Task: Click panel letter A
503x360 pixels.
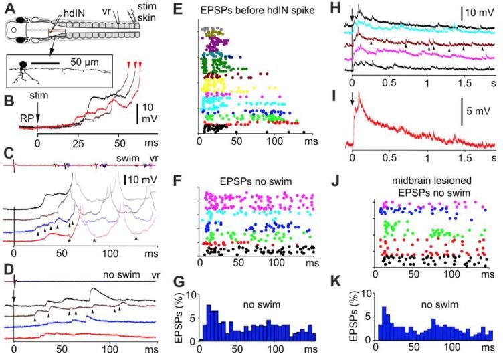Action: [x=6, y=7]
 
